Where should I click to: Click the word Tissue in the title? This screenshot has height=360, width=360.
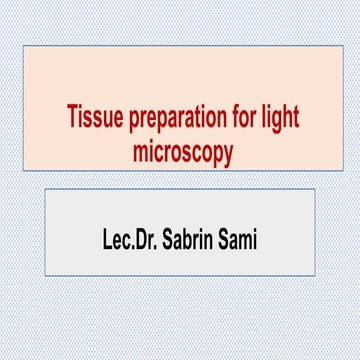[x=92, y=116]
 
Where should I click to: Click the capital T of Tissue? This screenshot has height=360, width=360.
[x=73, y=115]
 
